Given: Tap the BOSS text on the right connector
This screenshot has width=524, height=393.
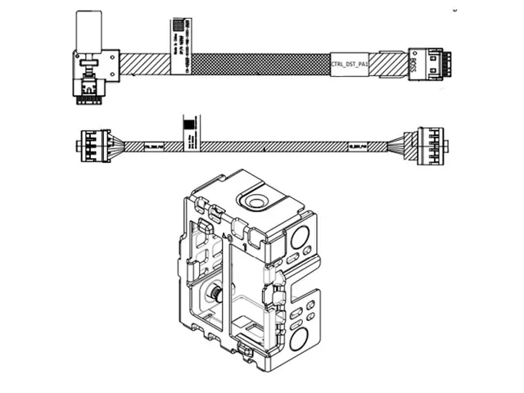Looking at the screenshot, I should pos(413,63).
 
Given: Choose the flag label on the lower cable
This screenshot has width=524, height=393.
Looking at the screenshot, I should pos(189,130).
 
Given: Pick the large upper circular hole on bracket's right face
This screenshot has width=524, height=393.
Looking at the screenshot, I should pos(299,238).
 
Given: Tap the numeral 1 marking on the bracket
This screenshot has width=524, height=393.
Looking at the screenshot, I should pos(243,245).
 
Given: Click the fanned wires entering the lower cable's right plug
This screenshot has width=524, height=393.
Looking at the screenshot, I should pos(401,145).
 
